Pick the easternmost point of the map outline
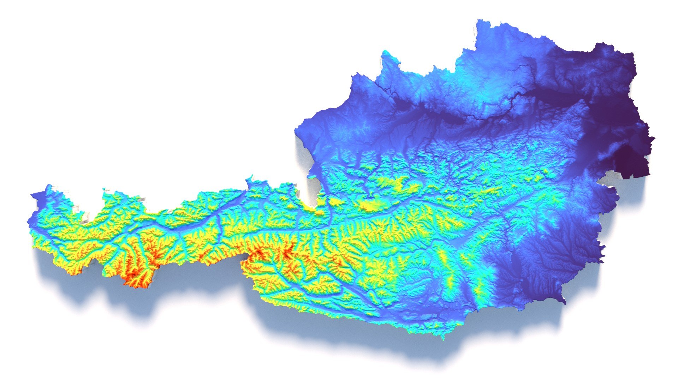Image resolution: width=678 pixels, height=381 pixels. [654, 138]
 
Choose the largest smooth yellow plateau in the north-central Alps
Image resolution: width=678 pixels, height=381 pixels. [369, 205]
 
